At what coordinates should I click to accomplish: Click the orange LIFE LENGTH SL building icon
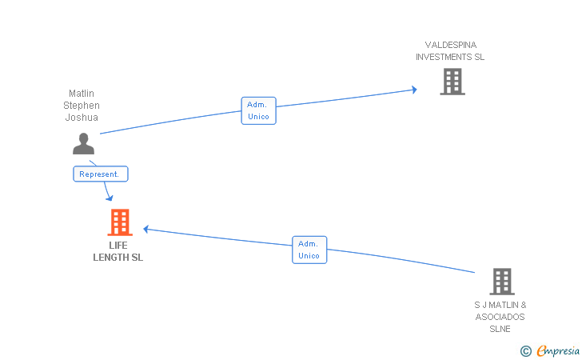(x=119, y=222)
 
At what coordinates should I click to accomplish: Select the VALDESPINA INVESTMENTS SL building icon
(x=452, y=81)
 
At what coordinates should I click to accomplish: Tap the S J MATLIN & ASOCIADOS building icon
(x=501, y=282)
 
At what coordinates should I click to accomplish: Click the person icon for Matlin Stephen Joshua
(x=83, y=143)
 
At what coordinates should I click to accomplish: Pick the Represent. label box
(x=100, y=174)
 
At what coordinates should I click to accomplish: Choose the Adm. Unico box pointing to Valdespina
(x=257, y=110)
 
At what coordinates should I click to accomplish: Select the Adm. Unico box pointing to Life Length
(x=309, y=250)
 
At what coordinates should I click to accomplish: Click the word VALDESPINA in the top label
(x=451, y=45)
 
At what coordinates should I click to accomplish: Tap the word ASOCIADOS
(x=500, y=317)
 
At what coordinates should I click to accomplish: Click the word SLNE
(x=500, y=329)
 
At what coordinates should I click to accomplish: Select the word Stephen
(x=82, y=106)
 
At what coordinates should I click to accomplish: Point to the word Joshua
(x=82, y=118)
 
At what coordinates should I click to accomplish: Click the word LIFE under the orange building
(x=118, y=246)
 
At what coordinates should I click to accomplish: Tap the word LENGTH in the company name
(x=112, y=258)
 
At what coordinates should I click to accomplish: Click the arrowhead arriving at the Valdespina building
(x=413, y=90)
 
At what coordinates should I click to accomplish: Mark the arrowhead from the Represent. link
(x=108, y=197)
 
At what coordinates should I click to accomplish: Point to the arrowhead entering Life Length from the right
(x=147, y=230)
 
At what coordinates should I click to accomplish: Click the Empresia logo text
(x=558, y=350)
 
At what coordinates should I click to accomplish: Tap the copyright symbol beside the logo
(x=525, y=350)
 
